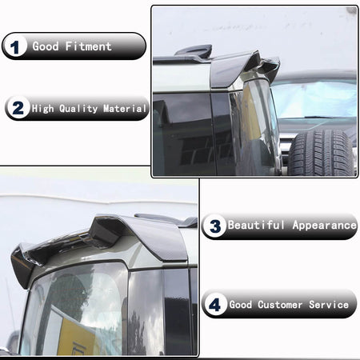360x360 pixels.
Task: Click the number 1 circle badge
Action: [15, 46]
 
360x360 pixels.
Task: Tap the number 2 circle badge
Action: [18, 108]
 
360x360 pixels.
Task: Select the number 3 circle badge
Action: [214, 226]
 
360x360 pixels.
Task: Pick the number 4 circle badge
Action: [215, 304]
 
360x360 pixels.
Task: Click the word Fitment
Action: [88, 46]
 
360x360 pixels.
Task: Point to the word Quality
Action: [78, 109]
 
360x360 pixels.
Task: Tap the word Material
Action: [125, 109]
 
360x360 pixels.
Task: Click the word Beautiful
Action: [256, 225]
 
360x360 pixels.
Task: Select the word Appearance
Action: [324, 226]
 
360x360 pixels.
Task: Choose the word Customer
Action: [280, 305]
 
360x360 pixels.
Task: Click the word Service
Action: [329, 305]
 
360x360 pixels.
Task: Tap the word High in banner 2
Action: [42, 109]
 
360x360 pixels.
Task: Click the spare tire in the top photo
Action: [322, 153]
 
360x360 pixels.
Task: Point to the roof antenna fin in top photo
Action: [194, 50]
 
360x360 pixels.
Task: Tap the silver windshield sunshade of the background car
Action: [314, 100]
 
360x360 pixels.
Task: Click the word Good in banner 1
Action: [46, 46]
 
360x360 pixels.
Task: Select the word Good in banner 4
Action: [241, 305]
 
